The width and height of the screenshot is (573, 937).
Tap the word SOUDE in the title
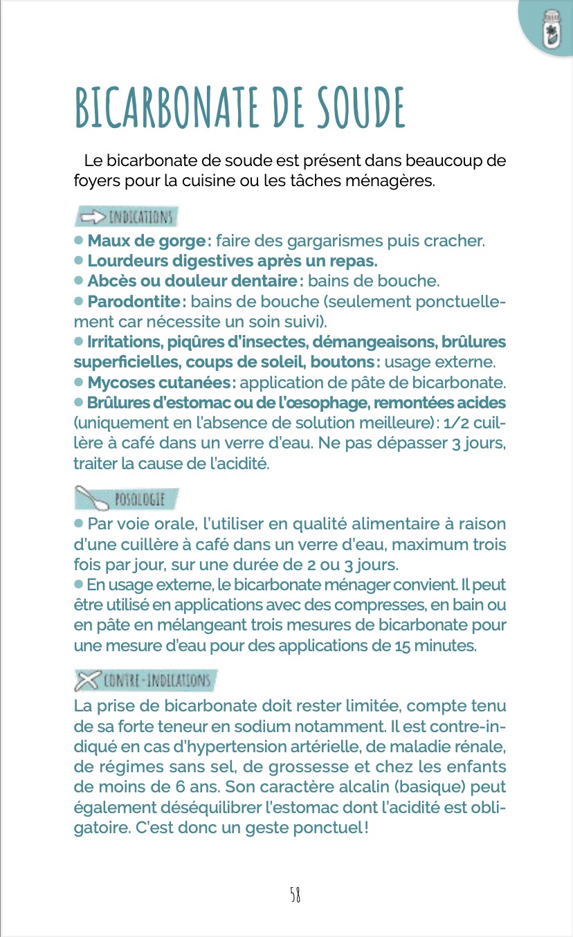point(361,108)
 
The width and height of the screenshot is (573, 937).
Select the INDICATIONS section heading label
point(138,217)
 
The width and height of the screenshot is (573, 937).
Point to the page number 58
point(295,895)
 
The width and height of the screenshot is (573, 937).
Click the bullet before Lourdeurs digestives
point(79,262)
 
